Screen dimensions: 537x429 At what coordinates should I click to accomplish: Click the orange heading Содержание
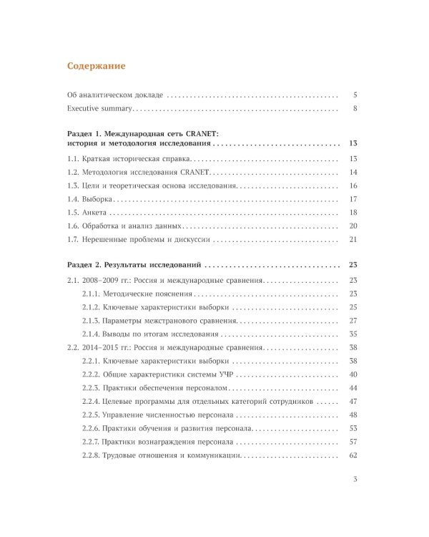point(96,66)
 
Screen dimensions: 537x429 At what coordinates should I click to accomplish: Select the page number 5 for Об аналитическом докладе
point(355,95)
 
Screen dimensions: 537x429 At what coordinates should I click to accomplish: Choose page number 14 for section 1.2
point(353,173)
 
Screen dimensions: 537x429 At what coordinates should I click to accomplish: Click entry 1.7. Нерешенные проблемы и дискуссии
point(139,240)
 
